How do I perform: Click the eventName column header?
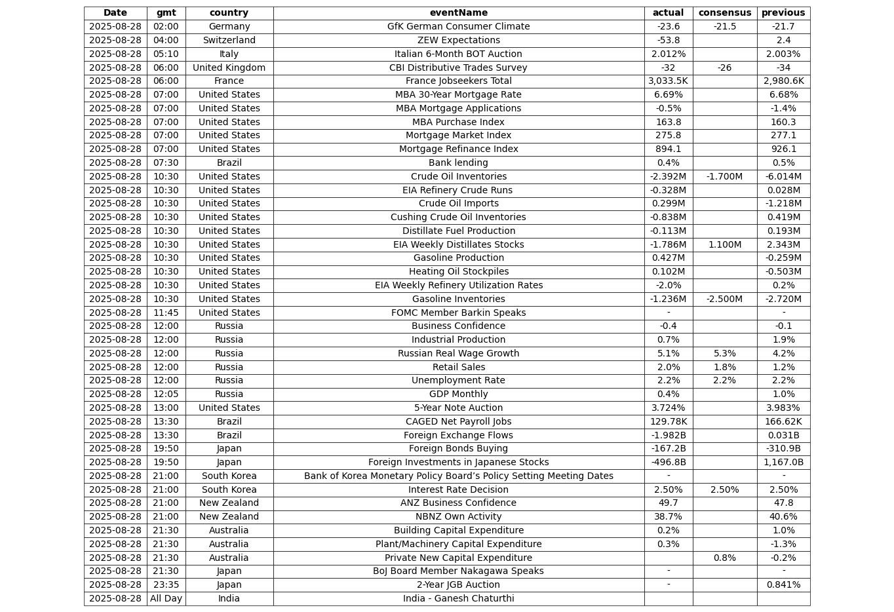[x=458, y=13]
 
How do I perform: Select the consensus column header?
[x=724, y=13]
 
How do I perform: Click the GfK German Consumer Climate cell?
[x=458, y=27]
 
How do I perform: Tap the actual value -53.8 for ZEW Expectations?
[x=668, y=41]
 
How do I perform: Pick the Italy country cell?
[x=229, y=54]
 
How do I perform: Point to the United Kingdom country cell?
[x=229, y=68]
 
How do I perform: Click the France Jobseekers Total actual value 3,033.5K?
[x=668, y=81]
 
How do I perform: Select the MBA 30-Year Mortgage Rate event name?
[x=458, y=95]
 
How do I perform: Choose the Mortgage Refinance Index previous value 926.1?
[x=783, y=149]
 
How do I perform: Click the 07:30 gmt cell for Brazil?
[x=166, y=163]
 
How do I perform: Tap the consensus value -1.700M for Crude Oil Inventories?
[x=724, y=177]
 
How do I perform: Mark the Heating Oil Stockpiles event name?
[x=458, y=272]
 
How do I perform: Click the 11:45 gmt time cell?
[x=166, y=313]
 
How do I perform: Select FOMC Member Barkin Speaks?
[x=458, y=313]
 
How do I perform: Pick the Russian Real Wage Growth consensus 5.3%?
[x=724, y=354]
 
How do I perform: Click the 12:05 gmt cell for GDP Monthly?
[x=166, y=394]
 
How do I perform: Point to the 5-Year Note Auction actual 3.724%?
[x=668, y=408]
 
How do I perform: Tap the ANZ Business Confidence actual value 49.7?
[x=668, y=503]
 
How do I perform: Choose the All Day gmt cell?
[x=166, y=599]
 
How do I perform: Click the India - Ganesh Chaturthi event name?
[x=458, y=599]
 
